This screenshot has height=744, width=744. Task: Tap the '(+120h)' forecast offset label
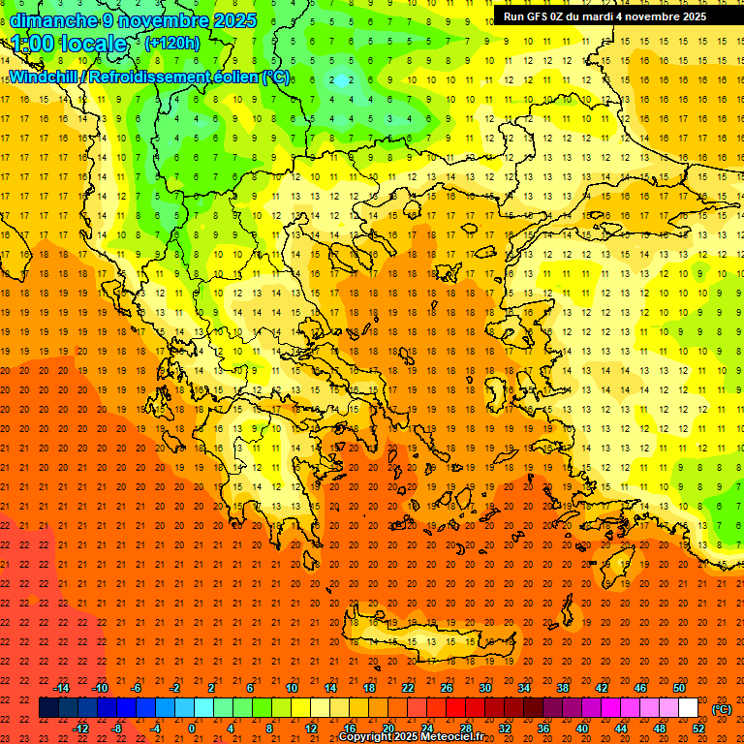pos(171,43)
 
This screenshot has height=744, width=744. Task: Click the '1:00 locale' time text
pos(70,44)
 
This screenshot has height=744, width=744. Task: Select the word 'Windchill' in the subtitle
pos(46,77)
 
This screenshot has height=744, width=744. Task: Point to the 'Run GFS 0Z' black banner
pos(618,16)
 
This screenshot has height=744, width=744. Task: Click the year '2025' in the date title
pos(235,20)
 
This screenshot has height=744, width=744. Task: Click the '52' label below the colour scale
pos(698,728)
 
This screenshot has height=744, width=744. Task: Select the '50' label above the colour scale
pos(679,687)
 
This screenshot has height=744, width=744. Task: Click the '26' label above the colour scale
pos(447,687)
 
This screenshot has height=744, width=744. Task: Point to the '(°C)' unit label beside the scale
pos(722,708)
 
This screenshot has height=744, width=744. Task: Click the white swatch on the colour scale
pos(689,708)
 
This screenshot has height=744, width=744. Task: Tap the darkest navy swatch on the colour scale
pos(48,708)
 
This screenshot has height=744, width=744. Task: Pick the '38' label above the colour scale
pos(563,687)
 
